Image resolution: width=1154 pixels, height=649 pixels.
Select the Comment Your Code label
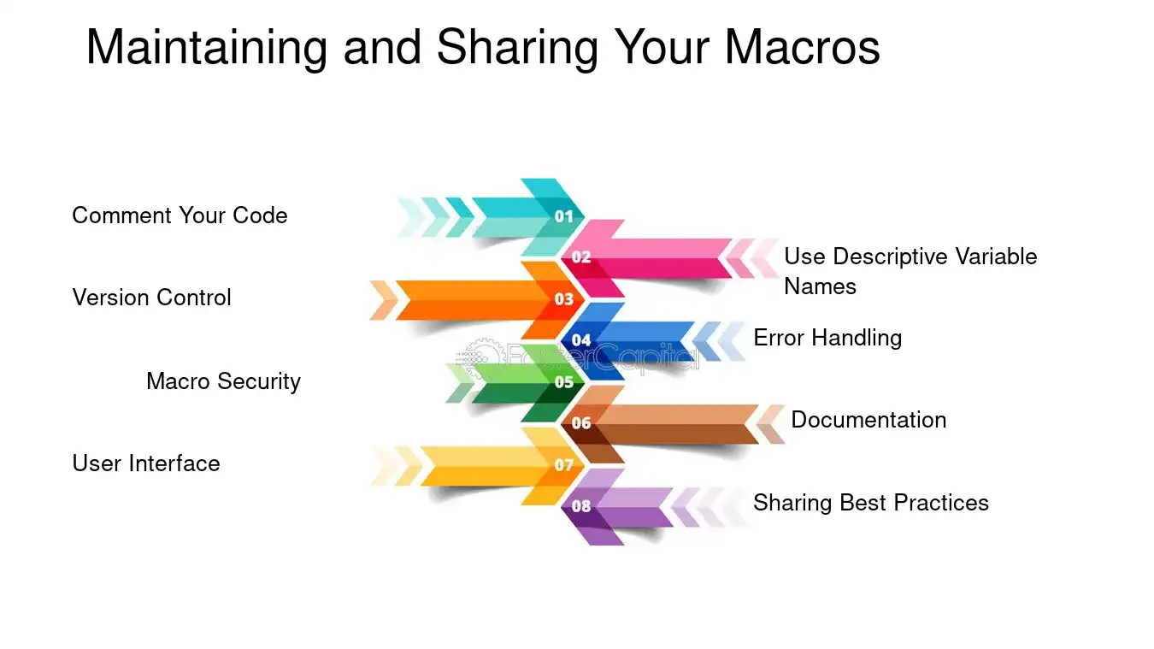click(180, 215)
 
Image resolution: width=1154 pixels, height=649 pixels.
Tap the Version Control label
click(151, 298)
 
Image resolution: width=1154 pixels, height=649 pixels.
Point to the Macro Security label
click(223, 381)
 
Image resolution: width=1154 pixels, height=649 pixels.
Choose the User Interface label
click(146, 463)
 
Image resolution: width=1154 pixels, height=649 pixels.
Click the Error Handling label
click(827, 338)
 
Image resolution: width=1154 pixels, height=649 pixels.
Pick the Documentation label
click(868, 420)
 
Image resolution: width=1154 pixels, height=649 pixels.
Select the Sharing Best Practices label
click(870, 503)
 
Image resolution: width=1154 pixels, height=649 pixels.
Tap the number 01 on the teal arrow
click(564, 216)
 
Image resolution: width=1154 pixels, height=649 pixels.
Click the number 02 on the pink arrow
click(581, 257)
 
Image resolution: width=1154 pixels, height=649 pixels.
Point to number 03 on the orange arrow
click(564, 299)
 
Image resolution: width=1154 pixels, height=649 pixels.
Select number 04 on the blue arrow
click(581, 340)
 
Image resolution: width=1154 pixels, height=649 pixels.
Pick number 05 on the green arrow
click(564, 382)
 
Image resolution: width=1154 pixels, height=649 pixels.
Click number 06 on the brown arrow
click(581, 423)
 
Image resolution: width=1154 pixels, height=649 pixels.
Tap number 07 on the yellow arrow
click(564, 465)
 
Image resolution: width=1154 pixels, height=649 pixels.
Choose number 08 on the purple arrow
click(581, 506)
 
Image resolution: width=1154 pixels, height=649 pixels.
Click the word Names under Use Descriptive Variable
click(820, 286)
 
